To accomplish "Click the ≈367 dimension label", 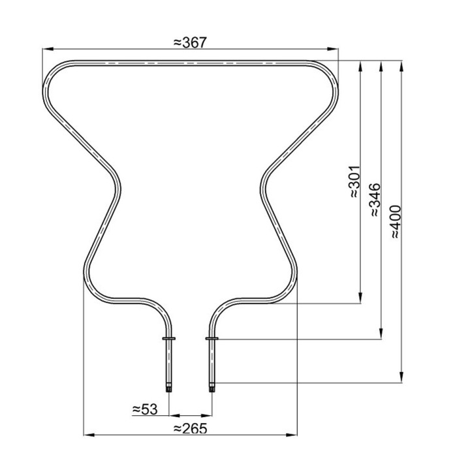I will pos(190,42).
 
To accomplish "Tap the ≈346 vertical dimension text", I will pos(375,200).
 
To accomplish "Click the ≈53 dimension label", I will pos(145,409).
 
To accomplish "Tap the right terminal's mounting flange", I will pos(212,338).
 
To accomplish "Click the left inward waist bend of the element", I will pos(119,189).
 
